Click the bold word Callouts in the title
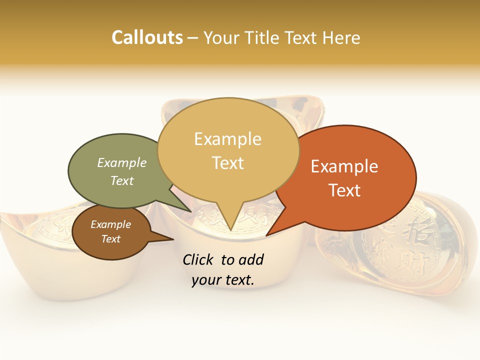point(147,37)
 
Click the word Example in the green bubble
point(122,162)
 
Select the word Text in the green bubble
point(122,180)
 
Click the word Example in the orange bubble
point(344,166)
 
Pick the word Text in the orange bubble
point(344,190)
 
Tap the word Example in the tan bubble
point(227,139)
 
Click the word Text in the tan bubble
point(227,163)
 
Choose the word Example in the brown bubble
point(110,224)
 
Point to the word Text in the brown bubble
point(110,239)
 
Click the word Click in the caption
point(199,259)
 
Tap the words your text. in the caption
point(222,280)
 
